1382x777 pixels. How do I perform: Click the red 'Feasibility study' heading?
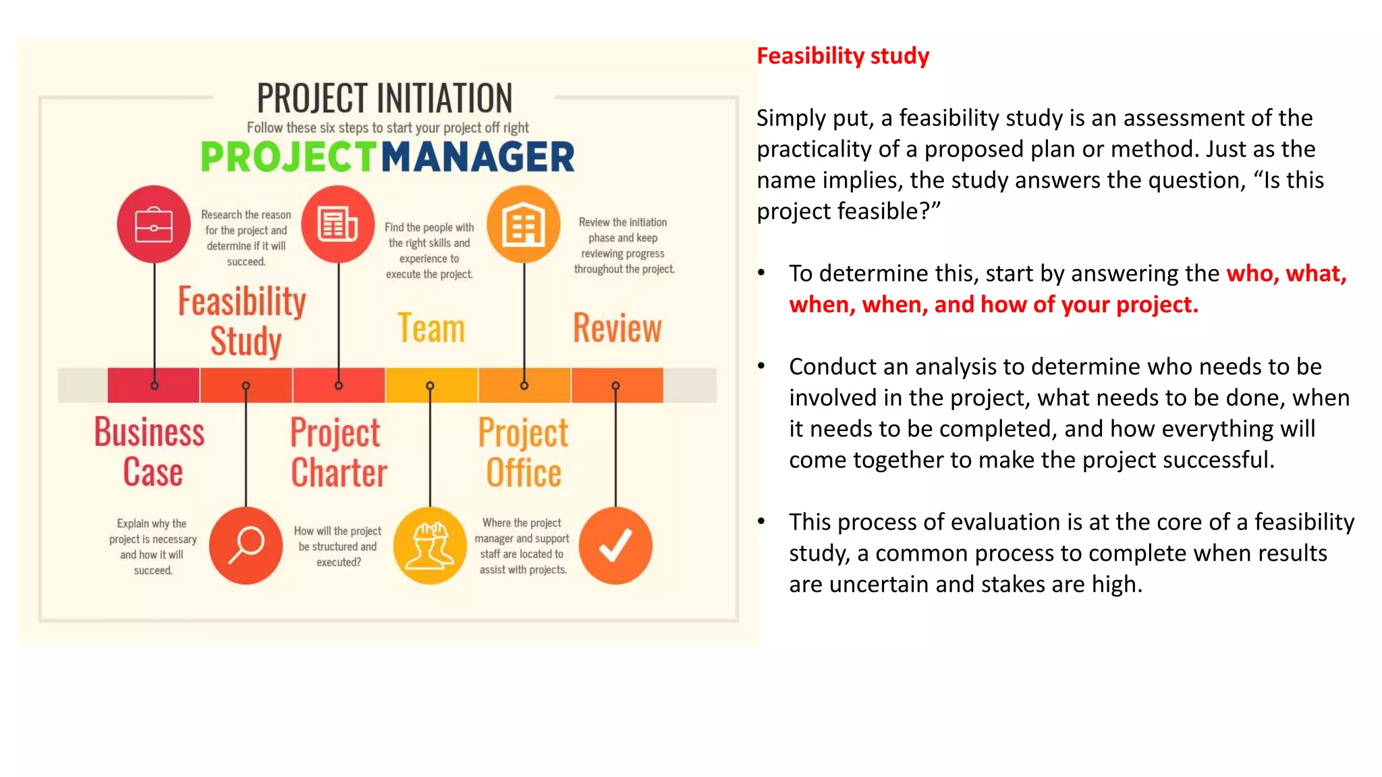click(x=842, y=56)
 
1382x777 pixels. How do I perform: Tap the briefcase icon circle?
click(x=154, y=224)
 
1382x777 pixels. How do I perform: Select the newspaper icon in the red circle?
click(x=337, y=224)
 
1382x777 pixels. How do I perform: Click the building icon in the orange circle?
click(x=524, y=224)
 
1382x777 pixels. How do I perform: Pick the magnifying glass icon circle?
click(x=246, y=545)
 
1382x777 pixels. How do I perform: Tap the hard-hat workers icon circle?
click(x=430, y=545)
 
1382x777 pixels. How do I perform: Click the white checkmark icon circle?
click(x=615, y=545)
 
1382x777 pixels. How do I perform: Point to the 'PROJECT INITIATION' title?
click(x=385, y=98)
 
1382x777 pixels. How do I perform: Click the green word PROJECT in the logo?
click(x=288, y=157)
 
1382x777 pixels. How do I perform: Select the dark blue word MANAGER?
click(x=478, y=157)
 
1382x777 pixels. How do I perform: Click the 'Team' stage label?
click(x=431, y=328)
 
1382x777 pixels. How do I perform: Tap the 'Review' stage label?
click(x=617, y=328)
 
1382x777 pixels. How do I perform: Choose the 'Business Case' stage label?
click(x=150, y=451)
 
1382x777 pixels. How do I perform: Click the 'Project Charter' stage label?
click(x=338, y=452)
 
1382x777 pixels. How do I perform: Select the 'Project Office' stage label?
click(x=524, y=452)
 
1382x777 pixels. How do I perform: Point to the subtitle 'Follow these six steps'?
click(x=387, y=127)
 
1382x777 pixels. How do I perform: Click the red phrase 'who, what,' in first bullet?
click(x=1286, y=274)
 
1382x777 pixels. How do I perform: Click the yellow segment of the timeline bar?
click(x=431, y=385)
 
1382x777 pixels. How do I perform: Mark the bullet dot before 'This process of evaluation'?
click(x=761, y=521)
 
